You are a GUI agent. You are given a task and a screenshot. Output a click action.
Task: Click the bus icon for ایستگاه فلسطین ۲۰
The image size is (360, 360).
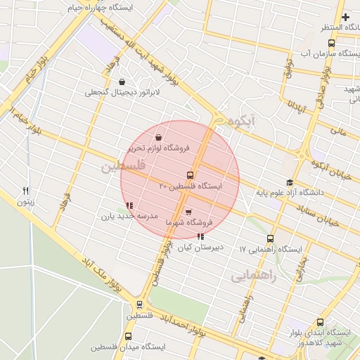190,175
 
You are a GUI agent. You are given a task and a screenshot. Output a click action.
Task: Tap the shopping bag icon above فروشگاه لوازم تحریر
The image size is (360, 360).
160,137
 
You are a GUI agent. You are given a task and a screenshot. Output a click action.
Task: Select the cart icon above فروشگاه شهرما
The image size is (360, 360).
188,212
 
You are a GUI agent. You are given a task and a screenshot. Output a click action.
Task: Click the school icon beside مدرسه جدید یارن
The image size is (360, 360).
129,206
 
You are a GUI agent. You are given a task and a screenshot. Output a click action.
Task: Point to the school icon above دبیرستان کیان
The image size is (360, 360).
201,237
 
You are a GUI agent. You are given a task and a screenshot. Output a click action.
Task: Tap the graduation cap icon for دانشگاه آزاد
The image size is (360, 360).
290,182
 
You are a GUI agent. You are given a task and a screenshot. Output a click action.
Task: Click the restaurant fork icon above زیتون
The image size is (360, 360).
26,191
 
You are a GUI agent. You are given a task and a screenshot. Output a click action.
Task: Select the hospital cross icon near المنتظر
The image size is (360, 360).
345,17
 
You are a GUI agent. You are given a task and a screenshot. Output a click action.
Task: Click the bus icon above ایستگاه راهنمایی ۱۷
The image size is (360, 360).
271,239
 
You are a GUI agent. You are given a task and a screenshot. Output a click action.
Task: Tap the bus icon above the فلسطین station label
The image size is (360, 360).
139,305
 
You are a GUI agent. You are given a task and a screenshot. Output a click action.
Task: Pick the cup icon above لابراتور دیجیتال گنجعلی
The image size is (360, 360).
123,82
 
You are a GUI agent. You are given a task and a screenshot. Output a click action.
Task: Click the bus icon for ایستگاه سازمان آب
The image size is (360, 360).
332,43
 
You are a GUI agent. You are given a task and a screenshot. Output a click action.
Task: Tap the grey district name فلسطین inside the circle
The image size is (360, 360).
122,167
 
